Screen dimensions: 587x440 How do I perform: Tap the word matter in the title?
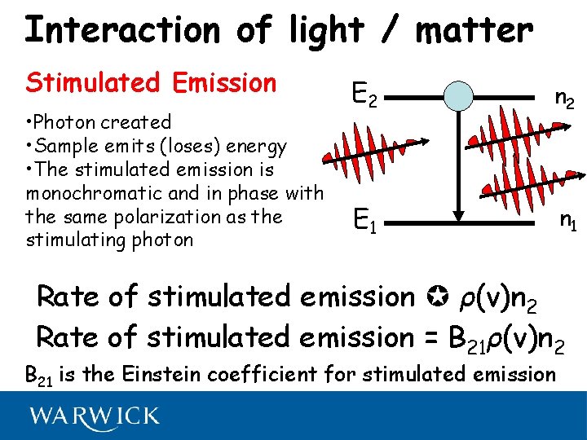click(x=474, y=30)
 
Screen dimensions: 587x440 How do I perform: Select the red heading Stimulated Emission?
click(x=152, y=82)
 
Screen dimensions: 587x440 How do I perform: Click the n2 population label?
click(x=564, y=98)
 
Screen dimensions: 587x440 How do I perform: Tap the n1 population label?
click(x=567, y=220)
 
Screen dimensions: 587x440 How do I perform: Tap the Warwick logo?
click(x=95, y=417)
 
